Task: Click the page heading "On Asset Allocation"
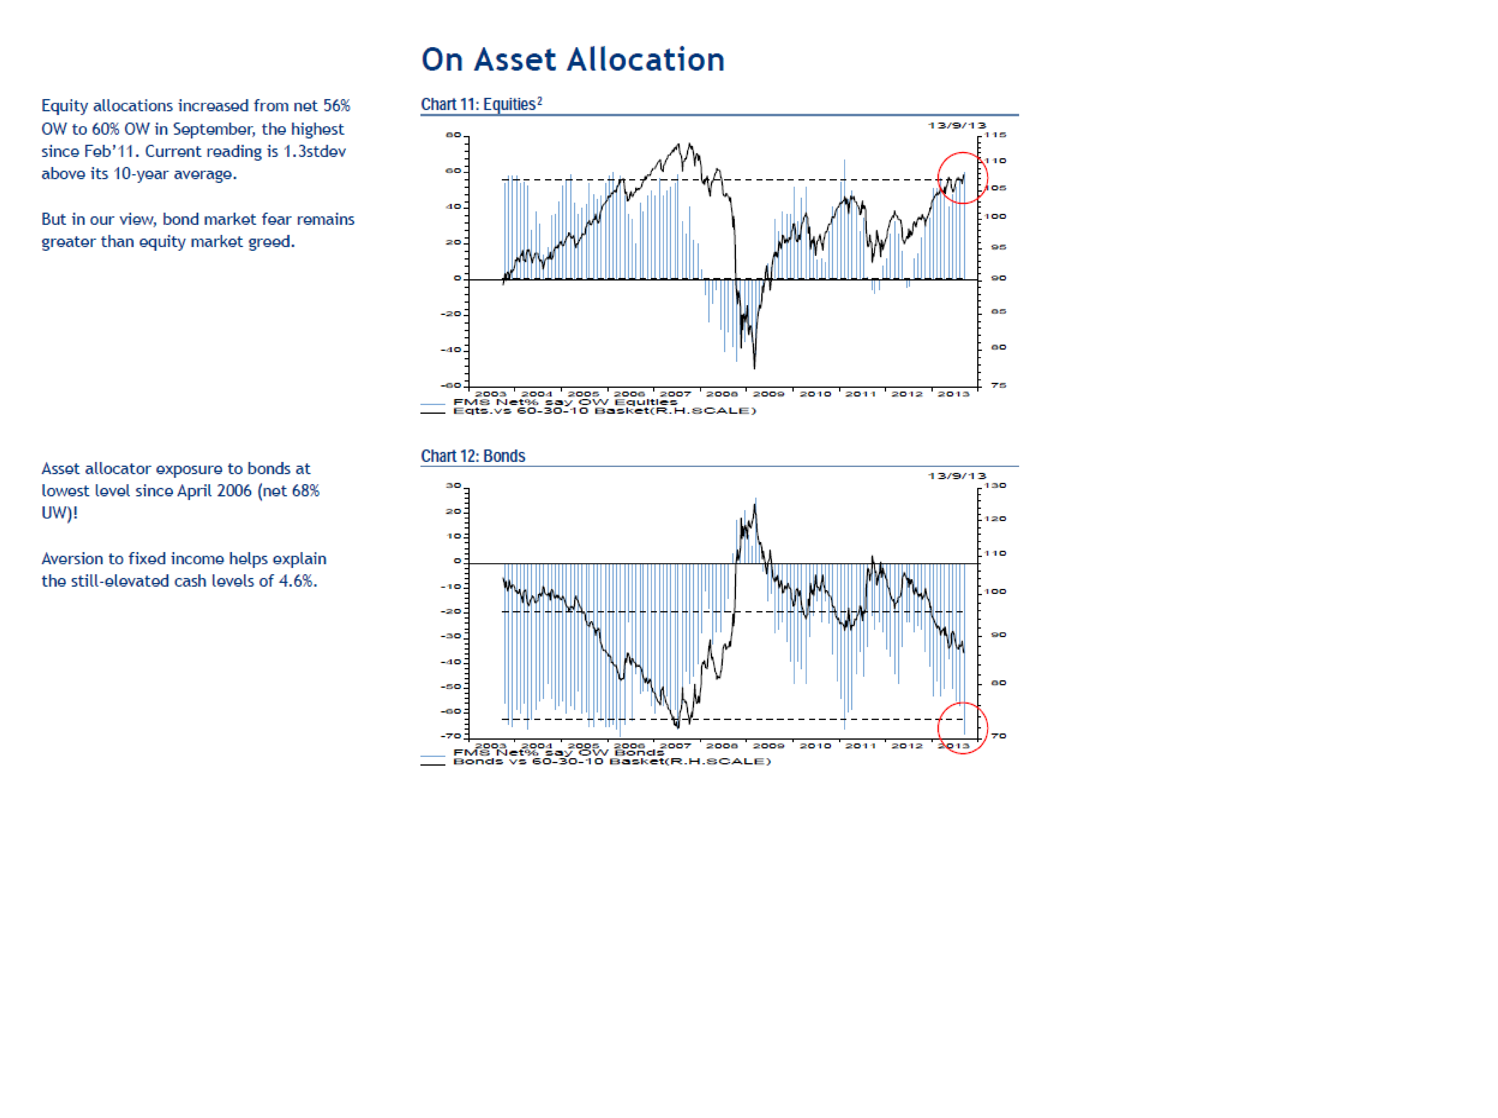point(573,60)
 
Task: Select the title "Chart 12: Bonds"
point(472,456)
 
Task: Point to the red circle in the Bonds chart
point(962,728)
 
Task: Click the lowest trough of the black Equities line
point(754,368)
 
